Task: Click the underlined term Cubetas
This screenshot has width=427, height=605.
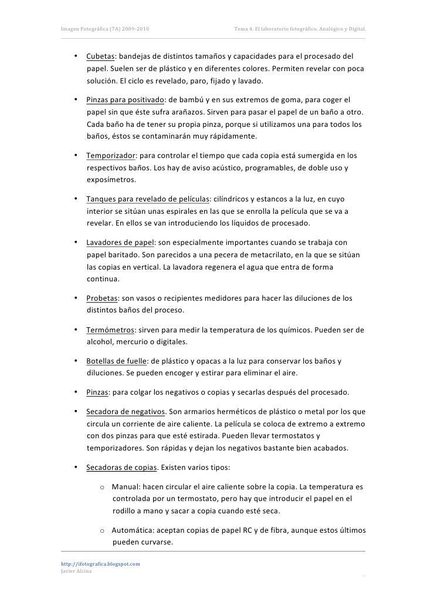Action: [x=100, y=57]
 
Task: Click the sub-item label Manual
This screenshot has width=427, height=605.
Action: [x=124, y=487]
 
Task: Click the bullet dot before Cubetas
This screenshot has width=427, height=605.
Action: [x=76, y=57]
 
